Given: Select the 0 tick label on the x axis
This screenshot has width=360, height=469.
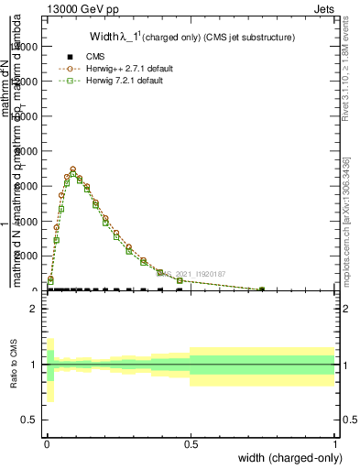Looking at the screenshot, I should click(x=46, y=443).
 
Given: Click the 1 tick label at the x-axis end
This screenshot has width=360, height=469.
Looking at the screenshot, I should click(x=333, y=443).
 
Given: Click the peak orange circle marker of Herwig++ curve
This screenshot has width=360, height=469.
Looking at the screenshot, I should click(x=72, y=169).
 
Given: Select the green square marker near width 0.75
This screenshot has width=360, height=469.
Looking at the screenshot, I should click(x=262, y=289).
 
